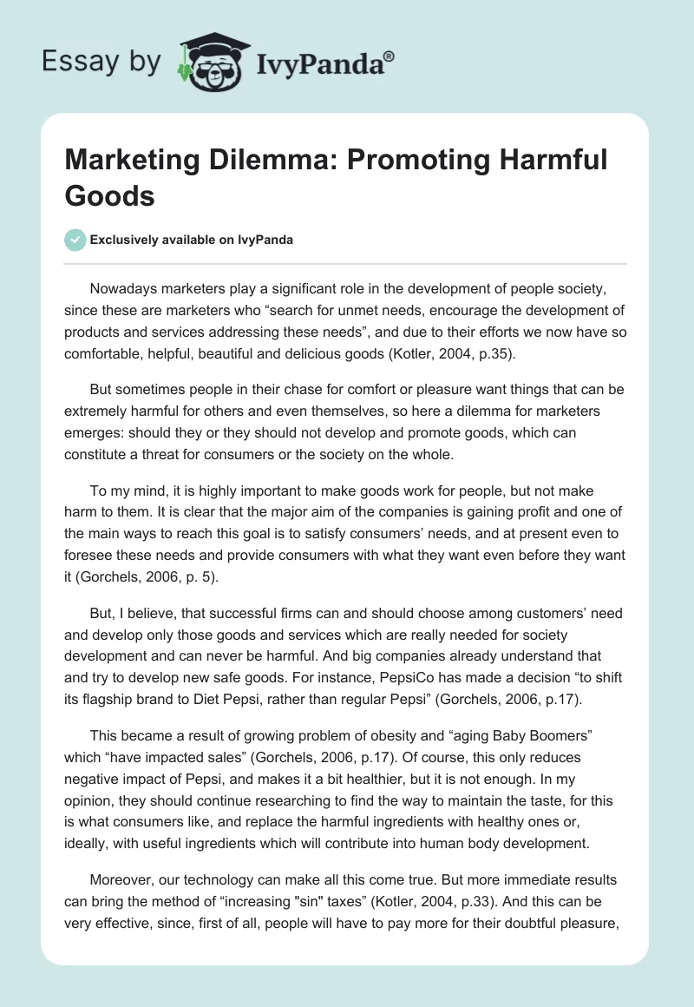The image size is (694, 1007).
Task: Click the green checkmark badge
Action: [75, 240]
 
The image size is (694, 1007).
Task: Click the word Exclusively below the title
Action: [127, 240]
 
